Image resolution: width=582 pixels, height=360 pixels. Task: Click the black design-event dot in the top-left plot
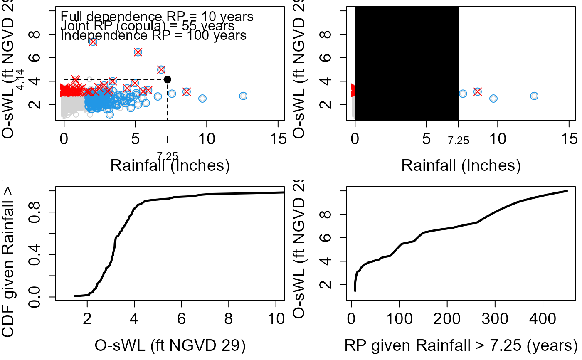[x=168, y=79]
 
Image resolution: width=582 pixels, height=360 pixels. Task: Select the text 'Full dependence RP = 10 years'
[x=157, y=17]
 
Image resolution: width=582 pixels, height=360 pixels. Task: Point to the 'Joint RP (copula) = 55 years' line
[x=148, y=26]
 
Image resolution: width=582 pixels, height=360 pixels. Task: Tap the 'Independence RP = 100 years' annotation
[x=153, y=35]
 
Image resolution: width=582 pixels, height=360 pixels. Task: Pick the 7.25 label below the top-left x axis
[x=168, y=156]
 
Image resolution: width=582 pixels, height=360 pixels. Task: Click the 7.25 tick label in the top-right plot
[x=458, y=141]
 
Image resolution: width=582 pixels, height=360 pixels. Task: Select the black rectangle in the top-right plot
[x=406, y=63]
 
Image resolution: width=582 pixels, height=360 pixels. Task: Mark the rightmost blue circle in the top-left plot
[x=243, y=96]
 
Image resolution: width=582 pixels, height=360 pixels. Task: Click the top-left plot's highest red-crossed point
[x=93, y=42]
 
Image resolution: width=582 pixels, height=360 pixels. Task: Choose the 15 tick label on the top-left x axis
[x=278, y=138]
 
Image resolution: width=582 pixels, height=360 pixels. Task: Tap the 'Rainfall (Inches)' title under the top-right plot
[x=461, y=165]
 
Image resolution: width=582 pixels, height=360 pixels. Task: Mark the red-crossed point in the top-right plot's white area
[x=477, y=91]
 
